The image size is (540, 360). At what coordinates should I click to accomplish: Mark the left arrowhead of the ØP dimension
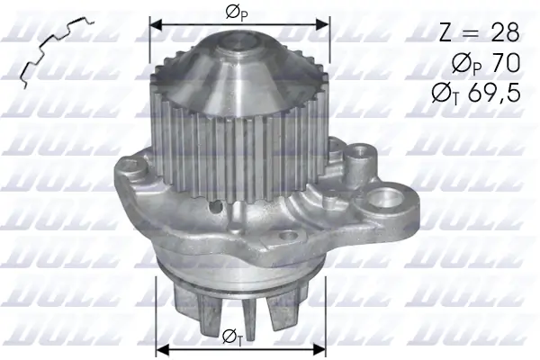tap(154, 26)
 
